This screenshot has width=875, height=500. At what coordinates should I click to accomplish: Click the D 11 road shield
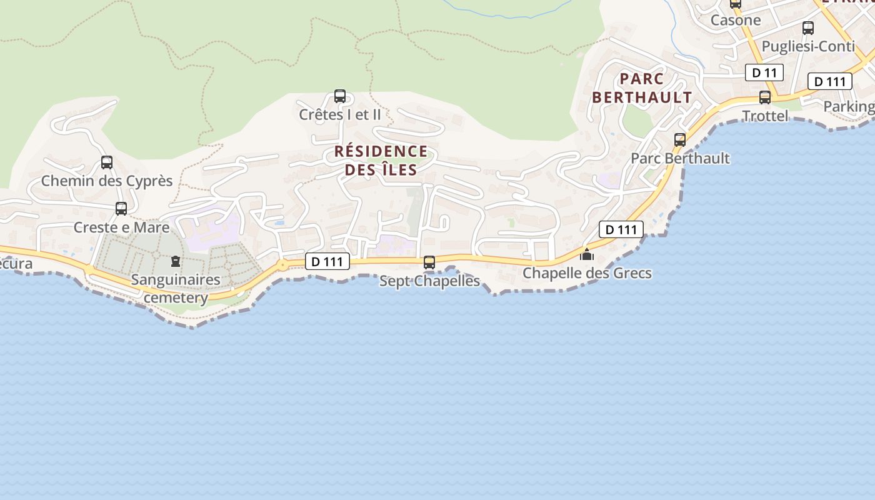click(x=764, y=72)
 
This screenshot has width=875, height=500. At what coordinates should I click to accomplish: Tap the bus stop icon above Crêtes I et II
click(x=340, y=96)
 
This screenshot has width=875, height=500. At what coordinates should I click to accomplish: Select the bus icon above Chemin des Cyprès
click(x=107, y=162)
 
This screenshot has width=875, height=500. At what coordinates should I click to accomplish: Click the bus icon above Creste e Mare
click(x=121, y=209)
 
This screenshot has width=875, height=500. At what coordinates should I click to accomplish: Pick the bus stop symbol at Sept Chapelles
click(x=429, y=262)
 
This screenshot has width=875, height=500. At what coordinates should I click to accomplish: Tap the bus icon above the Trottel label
click(x=765, y=97)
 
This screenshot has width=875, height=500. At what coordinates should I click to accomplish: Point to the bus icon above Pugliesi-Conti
click(x=808, y=28)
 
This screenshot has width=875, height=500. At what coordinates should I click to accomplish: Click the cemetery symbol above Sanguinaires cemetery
click(x=175, y=261)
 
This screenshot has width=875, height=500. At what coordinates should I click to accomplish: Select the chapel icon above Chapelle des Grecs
click(x=587, y=254)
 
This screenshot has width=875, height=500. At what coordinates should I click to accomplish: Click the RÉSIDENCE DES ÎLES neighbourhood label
click(x=381, y=161)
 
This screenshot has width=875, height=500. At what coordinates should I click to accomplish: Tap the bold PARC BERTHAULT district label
click(x=642, y=88)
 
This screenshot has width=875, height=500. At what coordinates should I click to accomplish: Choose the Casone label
click(x=736, y=20)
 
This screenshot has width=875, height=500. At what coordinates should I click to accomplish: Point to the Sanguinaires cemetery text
click(x=176, y=288)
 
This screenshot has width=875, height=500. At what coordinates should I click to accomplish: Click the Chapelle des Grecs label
click(x=587, y=273)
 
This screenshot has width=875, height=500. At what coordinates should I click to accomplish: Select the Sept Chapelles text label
click(x=429, y=281)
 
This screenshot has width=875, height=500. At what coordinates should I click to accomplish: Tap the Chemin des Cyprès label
click(x=107, y=181)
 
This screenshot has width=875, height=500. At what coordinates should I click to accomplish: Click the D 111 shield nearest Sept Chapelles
click(x=327, y=262)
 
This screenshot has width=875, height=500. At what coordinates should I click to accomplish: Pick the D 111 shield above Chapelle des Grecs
click(x=621, y=229)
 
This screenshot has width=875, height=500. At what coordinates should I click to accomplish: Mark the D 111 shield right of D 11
click(x=830, y=81)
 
